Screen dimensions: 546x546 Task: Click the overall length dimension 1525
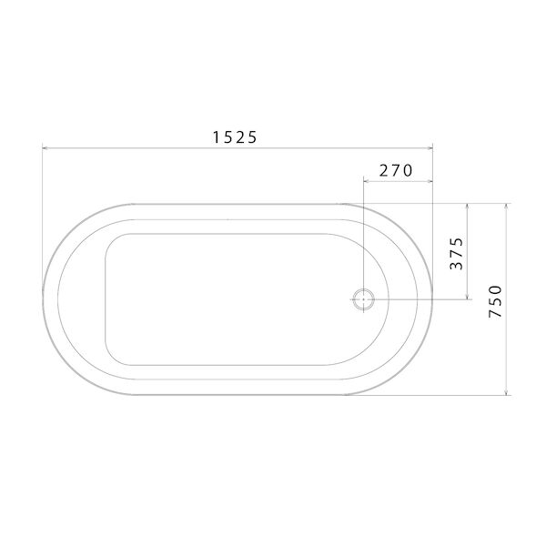tap(236, 137)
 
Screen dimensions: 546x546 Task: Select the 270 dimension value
tap(397, 170)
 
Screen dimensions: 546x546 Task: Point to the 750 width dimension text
tap(496, 300)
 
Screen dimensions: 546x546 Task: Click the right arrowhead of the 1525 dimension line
tap(430, 148)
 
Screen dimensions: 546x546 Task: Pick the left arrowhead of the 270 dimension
tap(366, 180)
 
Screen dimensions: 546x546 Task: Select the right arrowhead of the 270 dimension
tap(430, 180)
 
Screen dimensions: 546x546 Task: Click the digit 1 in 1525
tap(217, 137)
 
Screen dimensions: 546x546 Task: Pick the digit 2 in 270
tap(384, 170)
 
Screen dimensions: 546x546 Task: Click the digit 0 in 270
tap(409, 170)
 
